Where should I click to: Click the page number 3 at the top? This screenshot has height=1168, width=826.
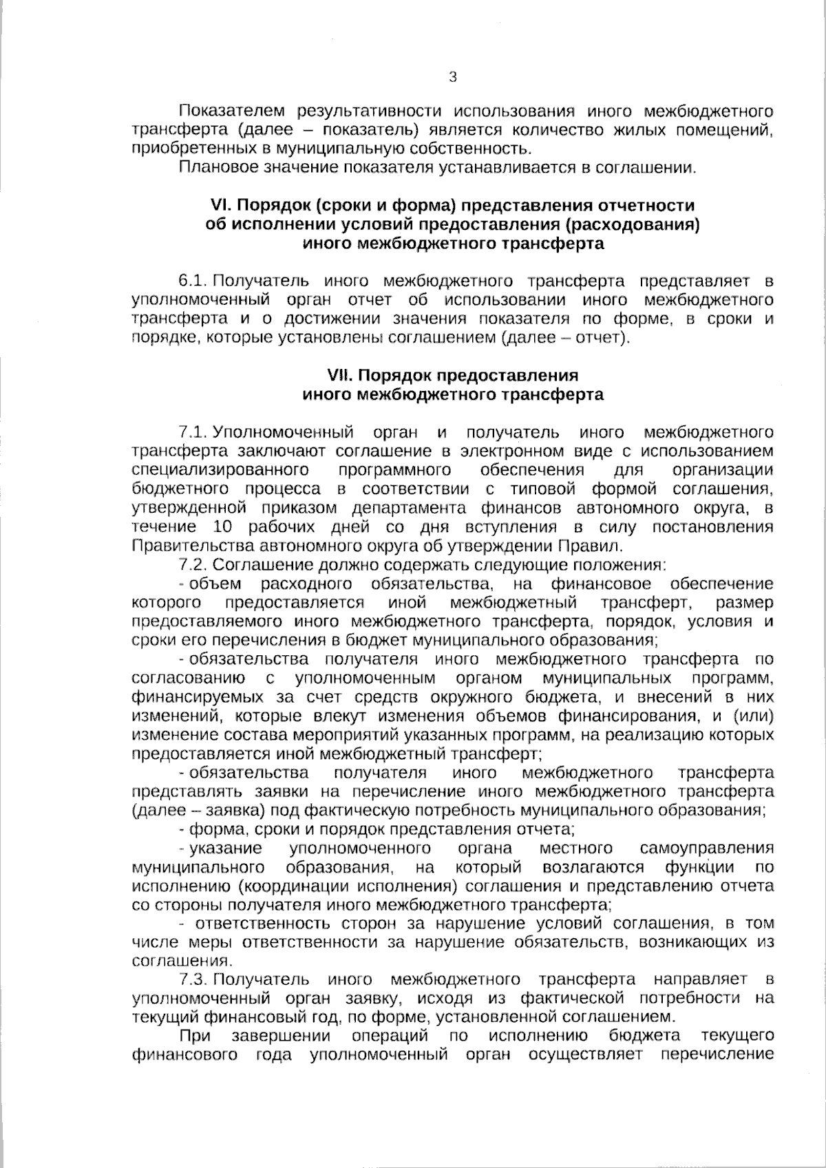click(x=452, y=77)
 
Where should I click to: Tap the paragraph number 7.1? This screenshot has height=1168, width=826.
click(x=193, y=432)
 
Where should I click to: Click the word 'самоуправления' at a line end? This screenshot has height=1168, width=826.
click(x=706, y=847)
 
